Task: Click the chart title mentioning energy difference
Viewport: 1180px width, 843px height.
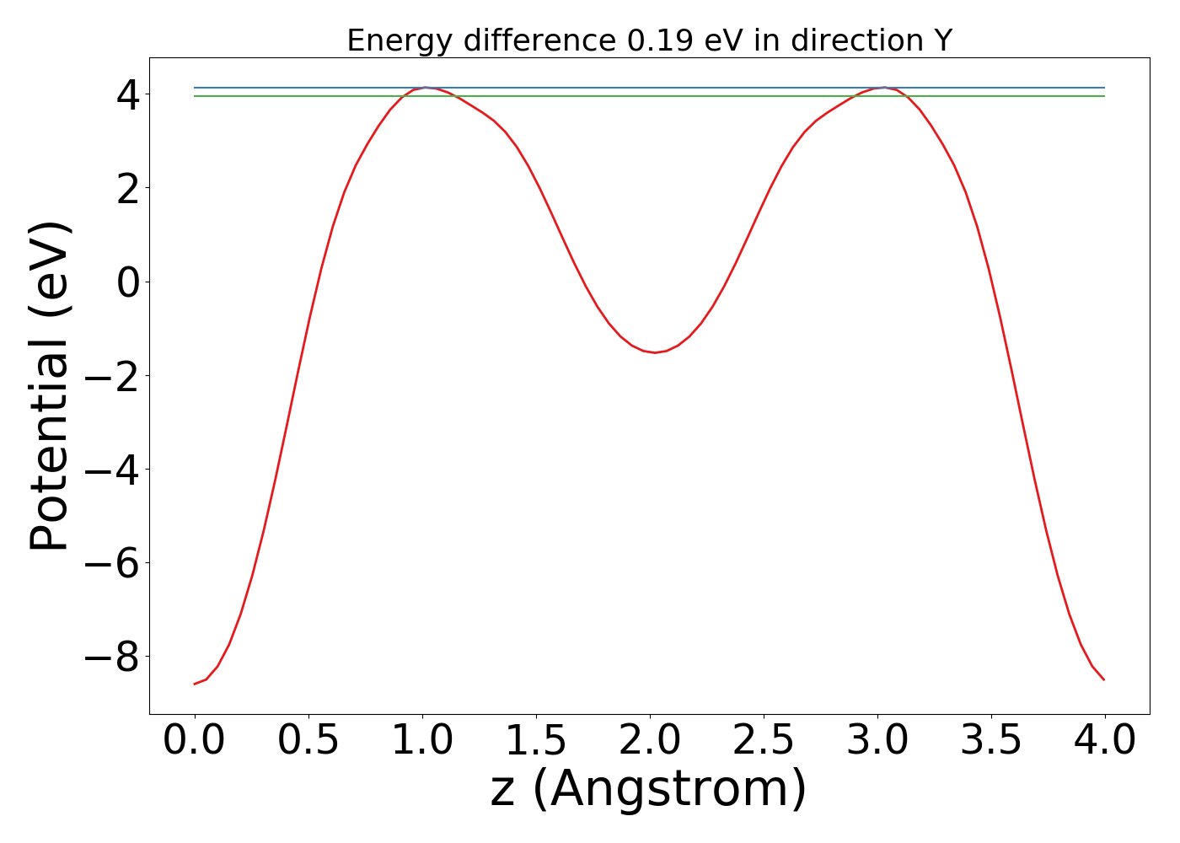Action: point(649,40)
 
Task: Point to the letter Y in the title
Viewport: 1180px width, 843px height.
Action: point(942,40)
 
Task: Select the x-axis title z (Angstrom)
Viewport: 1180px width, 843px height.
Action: point(649,789)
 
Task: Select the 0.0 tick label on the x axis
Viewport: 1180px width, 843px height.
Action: point(195,741)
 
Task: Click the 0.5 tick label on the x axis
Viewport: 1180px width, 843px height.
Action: point(308,741)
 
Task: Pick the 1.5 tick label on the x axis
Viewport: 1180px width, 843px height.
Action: point(536,741)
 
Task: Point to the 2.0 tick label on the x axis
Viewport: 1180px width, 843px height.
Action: point(650,741)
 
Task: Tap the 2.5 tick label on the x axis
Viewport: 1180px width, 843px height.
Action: point(764,741)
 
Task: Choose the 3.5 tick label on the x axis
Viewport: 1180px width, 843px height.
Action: point(991,741)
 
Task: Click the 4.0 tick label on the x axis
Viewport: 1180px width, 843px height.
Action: point(1105,741)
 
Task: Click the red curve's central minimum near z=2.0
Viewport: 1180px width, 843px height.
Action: point(654,352)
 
